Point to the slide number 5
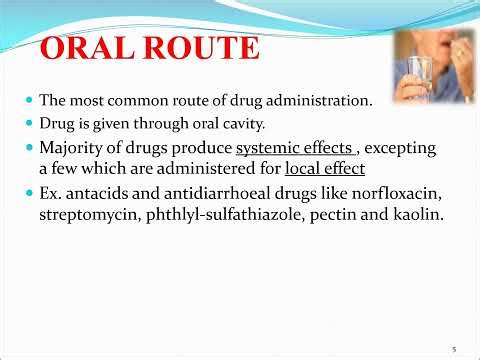454,349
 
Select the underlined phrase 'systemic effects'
294,149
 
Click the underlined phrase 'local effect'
325,169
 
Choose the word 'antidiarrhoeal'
205,192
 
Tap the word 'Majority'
72,149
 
